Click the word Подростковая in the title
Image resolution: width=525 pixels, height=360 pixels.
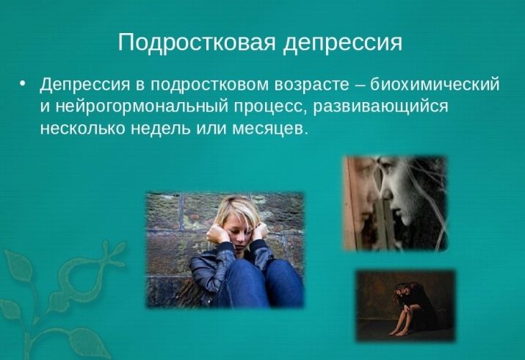[x=197, y=43]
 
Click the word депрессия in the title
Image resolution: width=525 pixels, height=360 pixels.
[x=342, y=43]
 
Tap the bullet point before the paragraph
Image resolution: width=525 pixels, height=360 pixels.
[x=23, y=83]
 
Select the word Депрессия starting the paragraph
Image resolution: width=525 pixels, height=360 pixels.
[x=84, y=84]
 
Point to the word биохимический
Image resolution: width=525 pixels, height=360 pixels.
[x=435, y=84]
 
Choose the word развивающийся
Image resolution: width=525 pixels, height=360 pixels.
[x=380, y=107]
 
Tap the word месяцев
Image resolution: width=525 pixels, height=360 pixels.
[x=270, y=129]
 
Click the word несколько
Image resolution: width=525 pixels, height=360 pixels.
[x=82, y=129]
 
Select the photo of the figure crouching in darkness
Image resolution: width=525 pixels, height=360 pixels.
[x=406, y=306]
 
